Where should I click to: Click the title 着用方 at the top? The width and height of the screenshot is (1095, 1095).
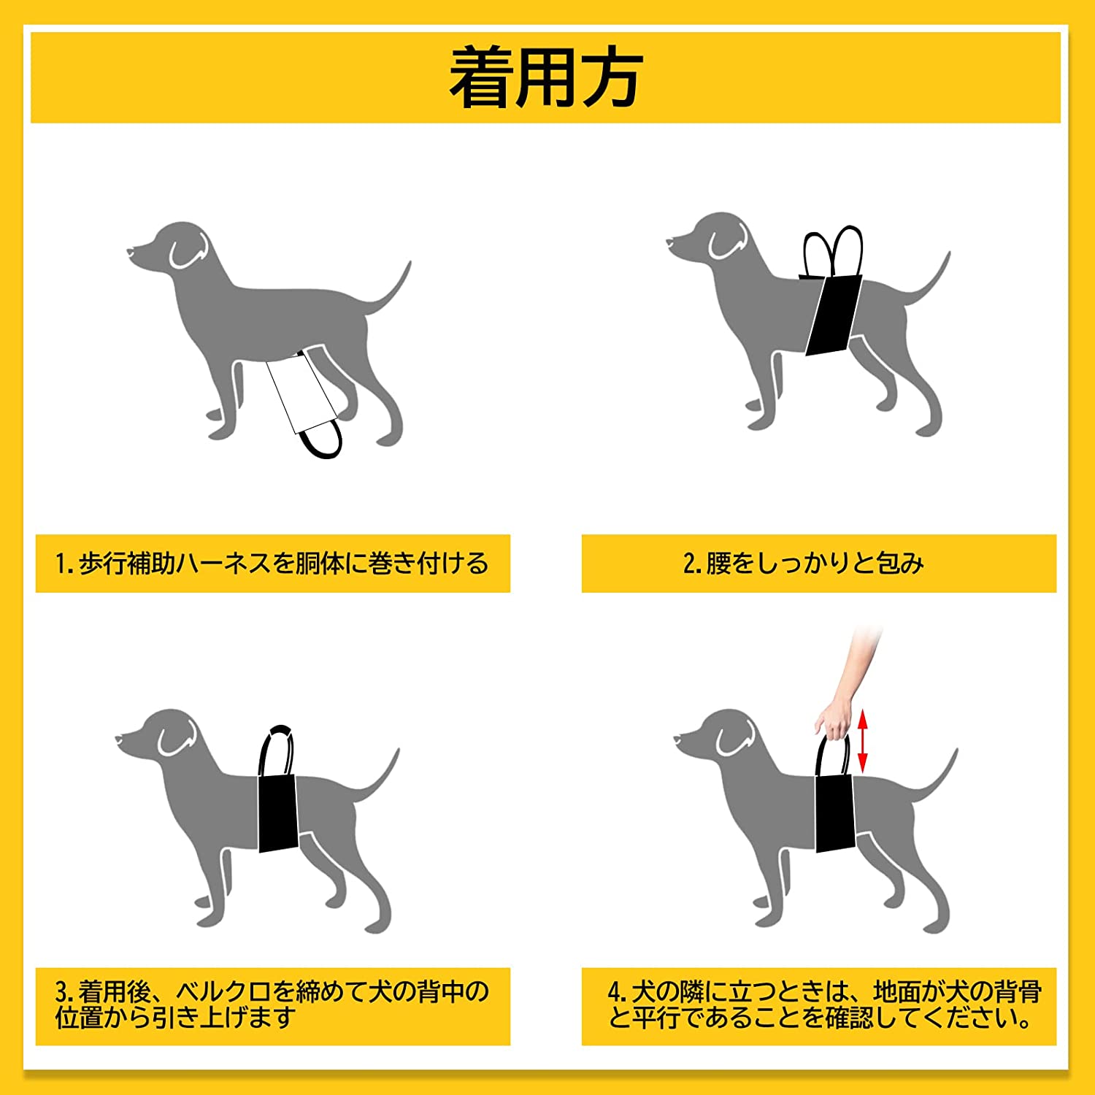coord(546,78)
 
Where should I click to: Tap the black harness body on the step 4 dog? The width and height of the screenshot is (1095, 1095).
coord(835,813)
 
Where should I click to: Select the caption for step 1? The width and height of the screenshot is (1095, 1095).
coord(272,564)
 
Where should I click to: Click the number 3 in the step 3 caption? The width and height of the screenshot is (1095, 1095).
coord(61,991)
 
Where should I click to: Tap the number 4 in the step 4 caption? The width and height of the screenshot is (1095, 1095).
coord(614,992)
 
